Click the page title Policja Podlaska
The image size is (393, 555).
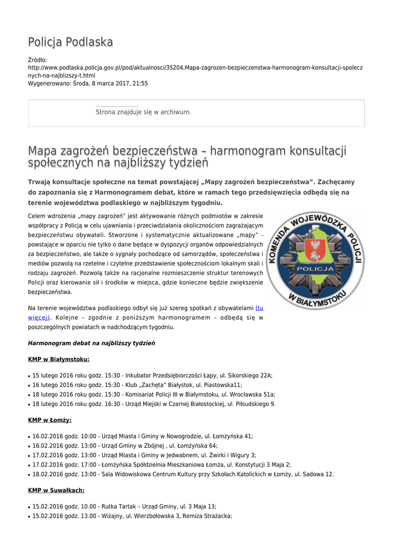point(70,42)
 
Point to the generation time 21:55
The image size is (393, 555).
point(140,84)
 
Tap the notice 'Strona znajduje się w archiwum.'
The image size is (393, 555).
point(143,112)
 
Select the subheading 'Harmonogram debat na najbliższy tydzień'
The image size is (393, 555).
point(91,344)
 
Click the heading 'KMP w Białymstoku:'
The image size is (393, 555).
point(59,359)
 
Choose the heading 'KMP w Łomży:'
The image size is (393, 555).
point(49,420)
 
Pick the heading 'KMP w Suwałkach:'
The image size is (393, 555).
point(56,491)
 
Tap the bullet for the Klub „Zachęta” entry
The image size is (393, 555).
point(29,385)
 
